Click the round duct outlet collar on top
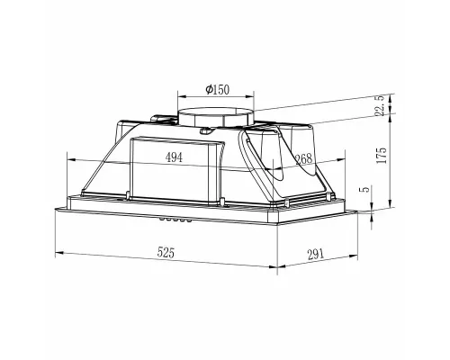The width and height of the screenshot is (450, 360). [216, 117]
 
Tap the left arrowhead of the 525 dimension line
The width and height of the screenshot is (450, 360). [58, 265]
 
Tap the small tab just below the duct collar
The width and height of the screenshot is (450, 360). [208, 131]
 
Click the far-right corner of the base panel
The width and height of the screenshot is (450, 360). [371, 212]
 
